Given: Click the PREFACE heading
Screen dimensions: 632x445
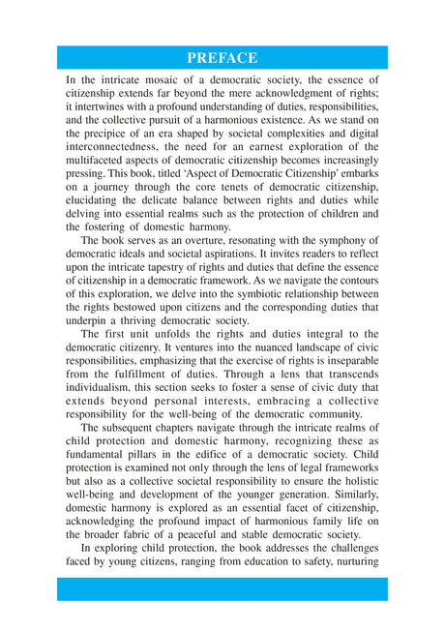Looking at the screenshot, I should pos(222,57).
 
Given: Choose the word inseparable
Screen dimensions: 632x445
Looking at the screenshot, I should pos(346,360).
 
